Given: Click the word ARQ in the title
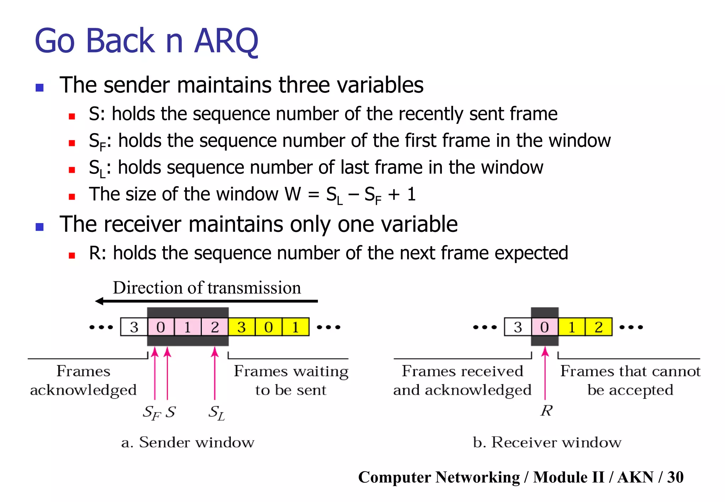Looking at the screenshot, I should [x=227, y=41].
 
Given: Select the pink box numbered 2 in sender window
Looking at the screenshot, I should [x=215, y=327].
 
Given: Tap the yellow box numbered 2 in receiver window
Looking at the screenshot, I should [x=599, y=327].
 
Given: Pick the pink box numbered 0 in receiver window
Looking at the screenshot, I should [x=545, y=327].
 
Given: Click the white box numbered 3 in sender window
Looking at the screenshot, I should [x=134, y=327].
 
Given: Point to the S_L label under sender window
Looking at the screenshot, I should [x=216, y=412].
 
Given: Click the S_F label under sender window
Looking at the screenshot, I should [x=152, y=412].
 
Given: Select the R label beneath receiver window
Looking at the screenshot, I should [x=546, y=411].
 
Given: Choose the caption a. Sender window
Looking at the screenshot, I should [x=188, y=443].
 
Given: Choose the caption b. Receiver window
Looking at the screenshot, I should [x=547, y=443].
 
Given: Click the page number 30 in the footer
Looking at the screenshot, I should [x=675, y=477].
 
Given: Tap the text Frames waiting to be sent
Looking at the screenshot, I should [x=291, y=381].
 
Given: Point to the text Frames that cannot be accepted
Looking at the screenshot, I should [x=630, y=381].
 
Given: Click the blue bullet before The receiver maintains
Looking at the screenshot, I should [x=40, y=227].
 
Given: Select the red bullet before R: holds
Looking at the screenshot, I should [x=72, y=256].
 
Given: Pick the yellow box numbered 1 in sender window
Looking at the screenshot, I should [x=296, y=327].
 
